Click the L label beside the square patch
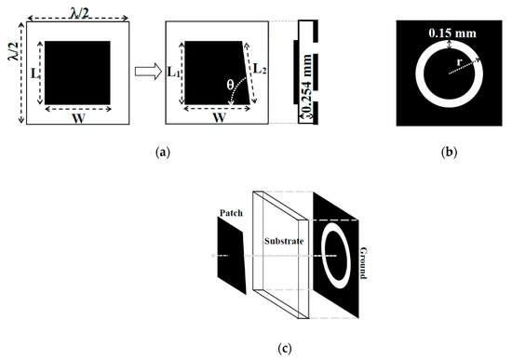pos(34,71)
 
